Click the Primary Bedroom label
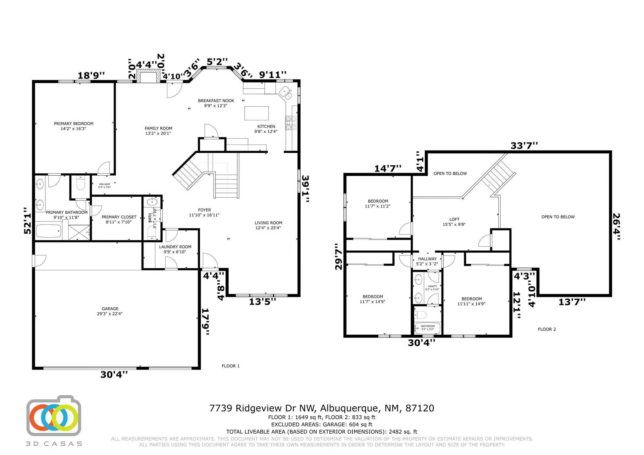74,126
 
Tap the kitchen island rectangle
257,113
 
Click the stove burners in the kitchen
291,123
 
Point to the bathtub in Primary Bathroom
48,231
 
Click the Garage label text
110,311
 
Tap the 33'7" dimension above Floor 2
524,146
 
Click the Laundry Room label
175,249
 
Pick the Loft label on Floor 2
454,222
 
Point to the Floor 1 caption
230,366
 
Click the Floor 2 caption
547,329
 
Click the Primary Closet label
119,219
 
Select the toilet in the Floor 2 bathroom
421,315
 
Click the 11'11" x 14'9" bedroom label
471,301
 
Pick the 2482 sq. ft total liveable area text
322,432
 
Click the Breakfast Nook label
216,103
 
